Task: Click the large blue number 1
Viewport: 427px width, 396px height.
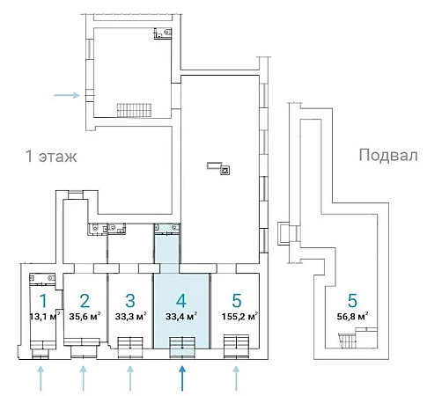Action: click(43, 301)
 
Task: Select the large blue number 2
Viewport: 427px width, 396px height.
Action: click(85, 301)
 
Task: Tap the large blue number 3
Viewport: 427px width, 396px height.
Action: click(130, 301)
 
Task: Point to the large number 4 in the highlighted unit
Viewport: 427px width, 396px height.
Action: click(181, 301)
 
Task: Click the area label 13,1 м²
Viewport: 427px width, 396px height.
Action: click(45, 317)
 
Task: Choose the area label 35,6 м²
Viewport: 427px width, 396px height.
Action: click(85, 317)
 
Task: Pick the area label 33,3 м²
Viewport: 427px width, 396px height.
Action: click(130, 317)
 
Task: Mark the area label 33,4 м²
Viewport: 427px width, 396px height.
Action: click(181, 317)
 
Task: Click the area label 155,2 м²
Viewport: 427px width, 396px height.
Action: click(239, 317)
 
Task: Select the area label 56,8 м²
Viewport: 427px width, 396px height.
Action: click(353, 317)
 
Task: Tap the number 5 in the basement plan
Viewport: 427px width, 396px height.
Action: click(352, 301)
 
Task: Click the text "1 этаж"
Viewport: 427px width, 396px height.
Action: click(51, 156)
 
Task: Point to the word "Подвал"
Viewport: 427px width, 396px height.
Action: click(388, 155)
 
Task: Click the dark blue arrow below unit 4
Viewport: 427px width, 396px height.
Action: click(182, 378)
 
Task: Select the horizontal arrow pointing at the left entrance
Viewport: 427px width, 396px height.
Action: click(67, 95)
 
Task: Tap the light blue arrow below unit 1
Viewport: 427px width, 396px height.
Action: click(40, 378)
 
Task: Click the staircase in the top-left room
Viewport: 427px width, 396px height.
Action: click(135, 110)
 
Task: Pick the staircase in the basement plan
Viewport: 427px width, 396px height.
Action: click(349, 341)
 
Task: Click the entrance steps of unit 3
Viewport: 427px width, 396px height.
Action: click(130, 348)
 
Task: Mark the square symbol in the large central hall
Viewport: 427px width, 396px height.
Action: click(225, 171)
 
